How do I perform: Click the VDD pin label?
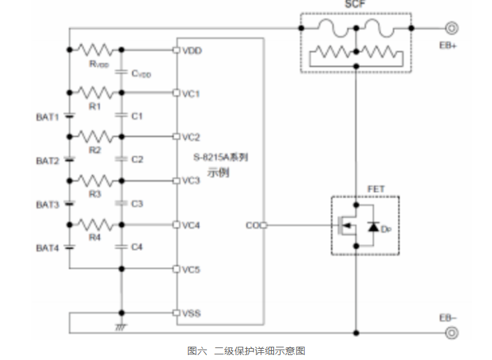pos(191,50)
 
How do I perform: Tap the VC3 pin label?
pos(191,181)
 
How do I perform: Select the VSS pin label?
pos(191,313)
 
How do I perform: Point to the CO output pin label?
pos(252,225)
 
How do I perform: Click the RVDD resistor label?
pos(99,64)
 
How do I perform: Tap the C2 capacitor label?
pos(137,159)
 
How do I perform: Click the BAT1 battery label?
pos(48,116)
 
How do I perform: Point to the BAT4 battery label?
pos(48,247)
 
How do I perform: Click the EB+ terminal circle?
pos(452,29)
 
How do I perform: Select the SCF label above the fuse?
pos(354,4)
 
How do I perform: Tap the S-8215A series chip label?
pos(220,157)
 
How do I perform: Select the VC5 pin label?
pos(191,269)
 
